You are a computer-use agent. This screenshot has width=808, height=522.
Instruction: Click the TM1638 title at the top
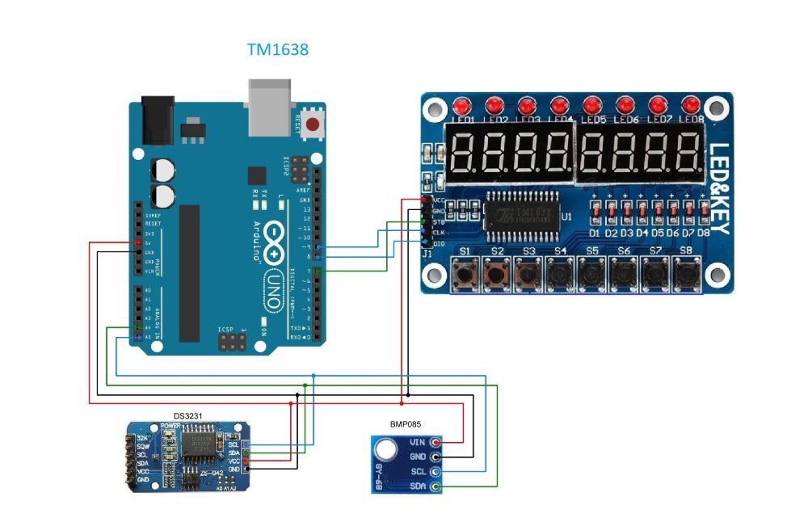[277, 50]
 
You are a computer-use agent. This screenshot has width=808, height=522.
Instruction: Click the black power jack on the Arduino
[158, 120]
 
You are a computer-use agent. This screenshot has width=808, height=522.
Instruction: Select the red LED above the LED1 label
[462, 107]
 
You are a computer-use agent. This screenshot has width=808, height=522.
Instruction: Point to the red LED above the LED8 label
[690, 106]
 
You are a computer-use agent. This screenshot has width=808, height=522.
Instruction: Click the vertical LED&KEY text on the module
[718, 190]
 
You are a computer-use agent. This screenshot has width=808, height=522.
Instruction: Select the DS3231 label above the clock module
[187, 415]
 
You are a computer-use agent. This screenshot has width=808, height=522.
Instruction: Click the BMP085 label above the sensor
[406, 423]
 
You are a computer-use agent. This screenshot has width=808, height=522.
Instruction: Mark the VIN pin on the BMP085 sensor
[436, 443]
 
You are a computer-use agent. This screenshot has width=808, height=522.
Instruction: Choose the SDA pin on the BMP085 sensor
[436, 486]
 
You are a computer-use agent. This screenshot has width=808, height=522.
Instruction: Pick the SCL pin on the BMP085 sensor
[436, 472]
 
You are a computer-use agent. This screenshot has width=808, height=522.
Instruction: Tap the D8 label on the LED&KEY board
[703, 233]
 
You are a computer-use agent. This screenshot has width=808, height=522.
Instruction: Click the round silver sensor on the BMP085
[386, 448]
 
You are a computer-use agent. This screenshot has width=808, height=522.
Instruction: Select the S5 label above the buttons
[592, 251]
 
